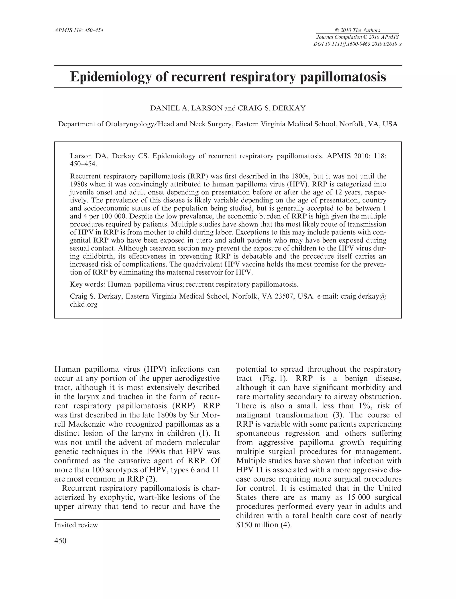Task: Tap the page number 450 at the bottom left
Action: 60,541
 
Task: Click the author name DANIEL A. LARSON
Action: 186,108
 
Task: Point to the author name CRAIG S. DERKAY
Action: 272,108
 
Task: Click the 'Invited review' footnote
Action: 76,525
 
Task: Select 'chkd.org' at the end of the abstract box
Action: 83,304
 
